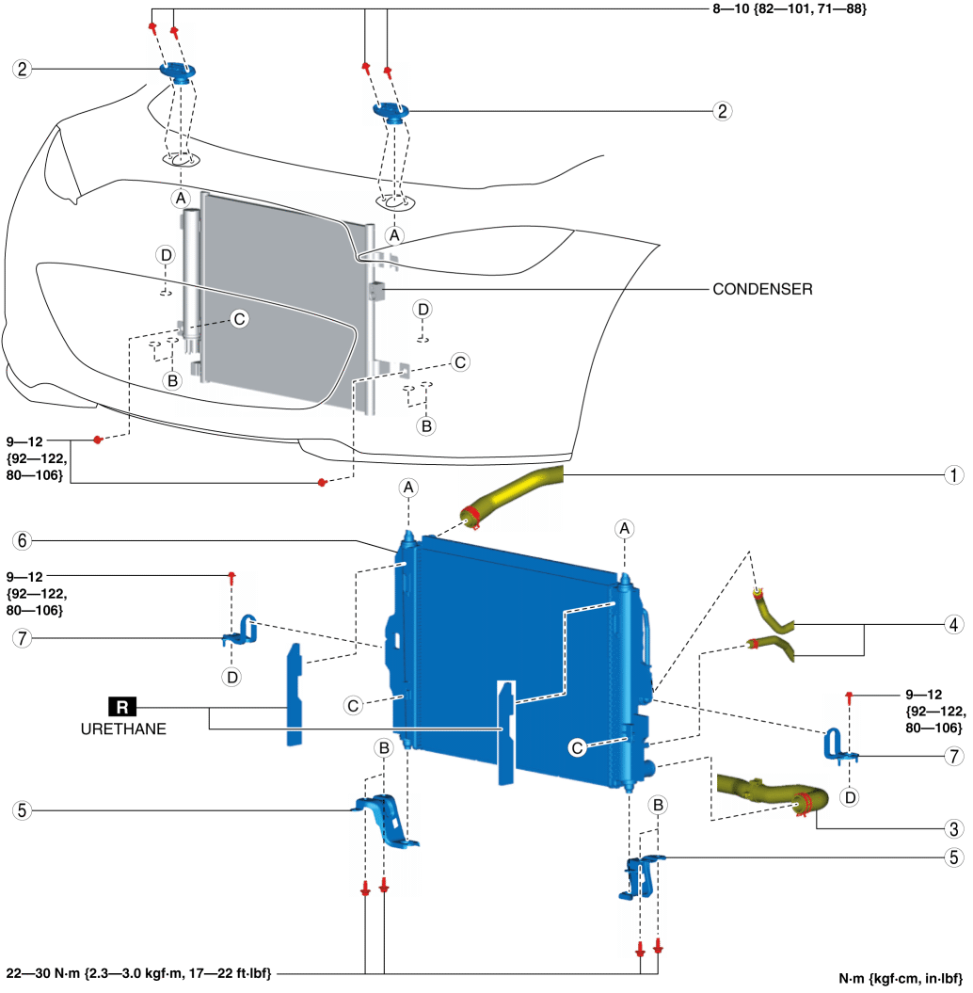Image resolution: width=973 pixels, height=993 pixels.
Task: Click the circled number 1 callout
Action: tap(954, 475)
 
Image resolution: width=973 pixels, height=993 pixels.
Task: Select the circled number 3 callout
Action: tap(954, 828)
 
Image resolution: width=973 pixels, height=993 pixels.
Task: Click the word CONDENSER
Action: tap(763, 290)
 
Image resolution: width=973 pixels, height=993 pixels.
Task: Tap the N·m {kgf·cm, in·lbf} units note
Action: tap(901, 978)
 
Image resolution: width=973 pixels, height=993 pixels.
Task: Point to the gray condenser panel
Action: tap(273, 292)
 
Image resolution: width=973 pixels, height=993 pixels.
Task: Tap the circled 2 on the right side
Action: tap(723, 111)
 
